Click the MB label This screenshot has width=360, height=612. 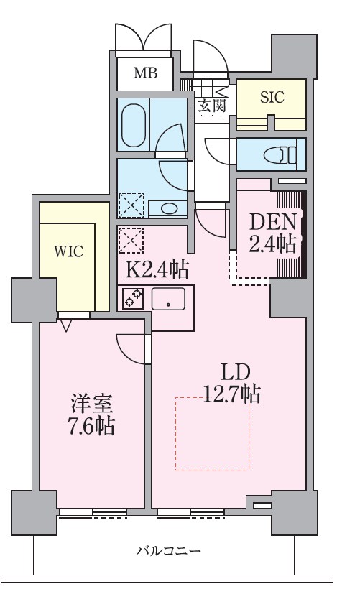(x=146, y=73)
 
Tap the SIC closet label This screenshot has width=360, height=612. (x=272, y=98)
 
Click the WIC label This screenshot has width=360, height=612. (x=69, y=251)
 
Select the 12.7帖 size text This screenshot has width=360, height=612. (x=231, y=394)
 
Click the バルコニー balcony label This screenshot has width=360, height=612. (x=169, y=552)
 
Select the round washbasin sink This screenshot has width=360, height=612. (x=169, y=209)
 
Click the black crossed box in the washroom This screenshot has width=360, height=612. (x=131, y=205)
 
